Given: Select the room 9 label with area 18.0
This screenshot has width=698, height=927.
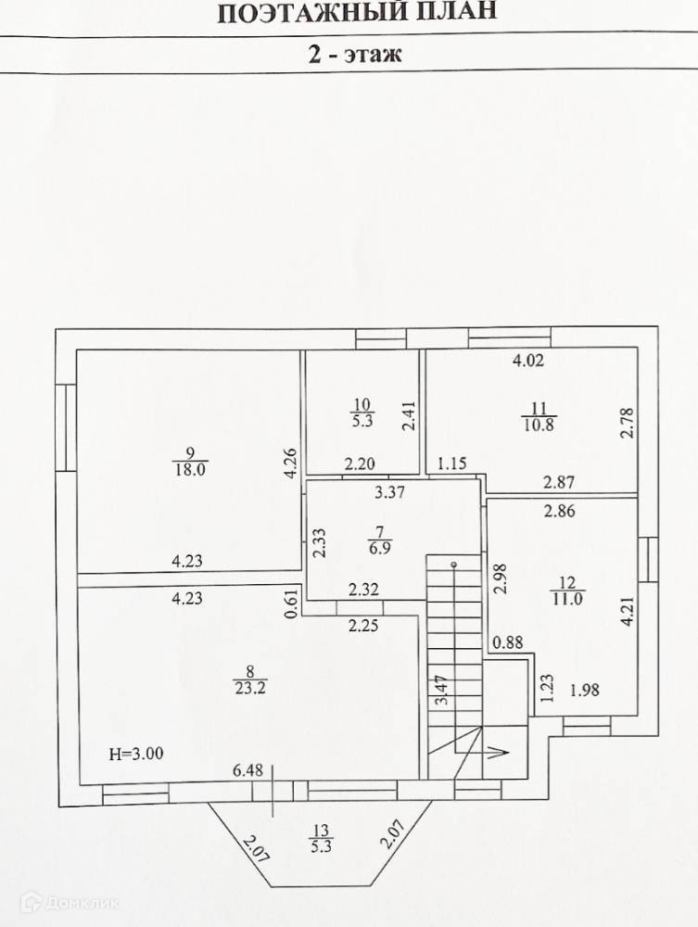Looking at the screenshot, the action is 190,461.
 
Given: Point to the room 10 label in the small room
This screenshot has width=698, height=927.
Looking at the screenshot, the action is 362,412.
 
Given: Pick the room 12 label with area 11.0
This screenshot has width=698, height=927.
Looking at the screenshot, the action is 566,590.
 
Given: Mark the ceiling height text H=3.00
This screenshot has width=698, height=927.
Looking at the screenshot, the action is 136,754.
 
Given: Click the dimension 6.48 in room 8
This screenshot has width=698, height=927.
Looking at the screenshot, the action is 247,769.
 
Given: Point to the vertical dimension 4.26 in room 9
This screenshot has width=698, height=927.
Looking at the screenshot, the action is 291,463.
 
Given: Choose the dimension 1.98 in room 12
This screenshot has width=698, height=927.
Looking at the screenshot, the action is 586,690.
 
